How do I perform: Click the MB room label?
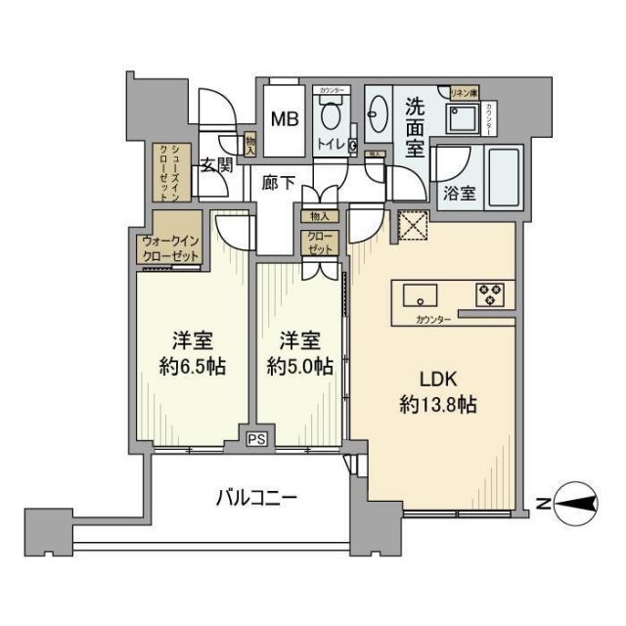(x=285, y=119)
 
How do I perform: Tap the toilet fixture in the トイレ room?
(x=330, y=118)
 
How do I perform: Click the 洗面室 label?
(x=415, y=128)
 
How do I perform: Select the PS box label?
(x=256, y=439)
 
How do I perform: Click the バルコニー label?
(x=256, y=498)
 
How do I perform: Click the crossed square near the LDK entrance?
(x=412, y=226)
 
